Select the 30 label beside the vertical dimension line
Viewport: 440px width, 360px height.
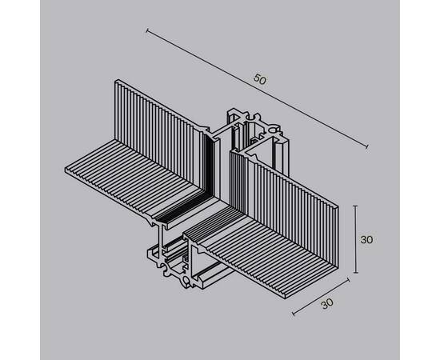(367, 239)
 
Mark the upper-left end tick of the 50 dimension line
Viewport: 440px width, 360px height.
(147, 31)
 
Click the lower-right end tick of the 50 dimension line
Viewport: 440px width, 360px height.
(366, 147)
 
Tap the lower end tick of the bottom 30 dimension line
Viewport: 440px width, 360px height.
(292, 313)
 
